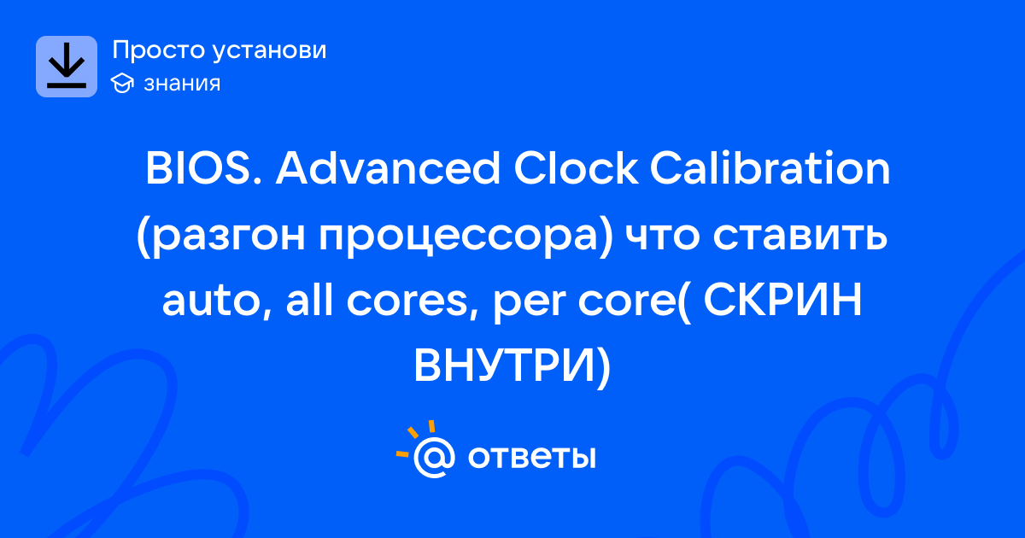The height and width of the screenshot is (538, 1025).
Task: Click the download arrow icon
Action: (67, 67)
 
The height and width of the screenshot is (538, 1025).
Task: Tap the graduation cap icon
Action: (122, 83)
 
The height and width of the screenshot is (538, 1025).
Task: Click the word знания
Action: (182, 84)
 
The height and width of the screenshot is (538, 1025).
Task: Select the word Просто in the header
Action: (158, 50)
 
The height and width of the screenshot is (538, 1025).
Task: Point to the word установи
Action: (270, 51)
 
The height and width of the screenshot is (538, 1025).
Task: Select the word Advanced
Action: (388, 167)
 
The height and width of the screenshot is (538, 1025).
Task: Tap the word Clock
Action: (576, 167)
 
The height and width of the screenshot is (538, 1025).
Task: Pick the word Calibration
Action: (770, 167)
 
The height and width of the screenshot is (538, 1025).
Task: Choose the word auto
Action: (217, 302)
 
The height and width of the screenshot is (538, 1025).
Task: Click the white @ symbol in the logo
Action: (434, 457)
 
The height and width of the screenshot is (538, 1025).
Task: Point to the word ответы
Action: (531, 457)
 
